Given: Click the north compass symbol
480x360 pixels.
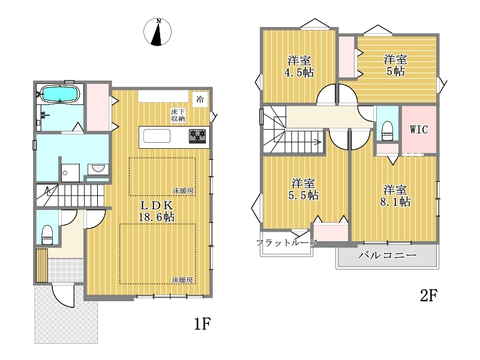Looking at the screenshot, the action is click(157, 32).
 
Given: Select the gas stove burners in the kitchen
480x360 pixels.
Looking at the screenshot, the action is click(197, 136).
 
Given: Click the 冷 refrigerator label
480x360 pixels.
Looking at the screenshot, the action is click(200, 99).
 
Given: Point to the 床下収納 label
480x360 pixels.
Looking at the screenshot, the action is click(178, 115).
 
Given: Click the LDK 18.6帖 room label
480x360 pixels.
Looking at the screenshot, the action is click(157, 211).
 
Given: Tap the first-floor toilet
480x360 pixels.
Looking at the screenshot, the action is click(47, 235).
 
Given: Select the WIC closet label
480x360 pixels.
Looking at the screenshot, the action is click(419, 130).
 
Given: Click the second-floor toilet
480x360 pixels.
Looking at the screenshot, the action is click(388, 131).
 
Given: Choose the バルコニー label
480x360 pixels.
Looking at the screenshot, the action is click(387, 255).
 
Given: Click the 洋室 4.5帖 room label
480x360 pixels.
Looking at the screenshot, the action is click(299, 67).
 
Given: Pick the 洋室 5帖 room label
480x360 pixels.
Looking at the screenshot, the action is click(395, 65).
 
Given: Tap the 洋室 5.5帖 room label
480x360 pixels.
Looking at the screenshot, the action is click(304, 189).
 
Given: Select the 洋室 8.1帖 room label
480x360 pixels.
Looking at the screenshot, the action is click(395, 196).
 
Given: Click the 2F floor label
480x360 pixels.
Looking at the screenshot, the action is click(429, 296).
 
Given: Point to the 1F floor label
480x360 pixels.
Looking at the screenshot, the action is click(203, 323).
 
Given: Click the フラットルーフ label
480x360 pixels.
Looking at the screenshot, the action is click(287, 243).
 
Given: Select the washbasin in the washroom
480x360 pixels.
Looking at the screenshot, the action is click(98, 169).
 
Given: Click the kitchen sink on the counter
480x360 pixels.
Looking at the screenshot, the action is click(157, 136).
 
